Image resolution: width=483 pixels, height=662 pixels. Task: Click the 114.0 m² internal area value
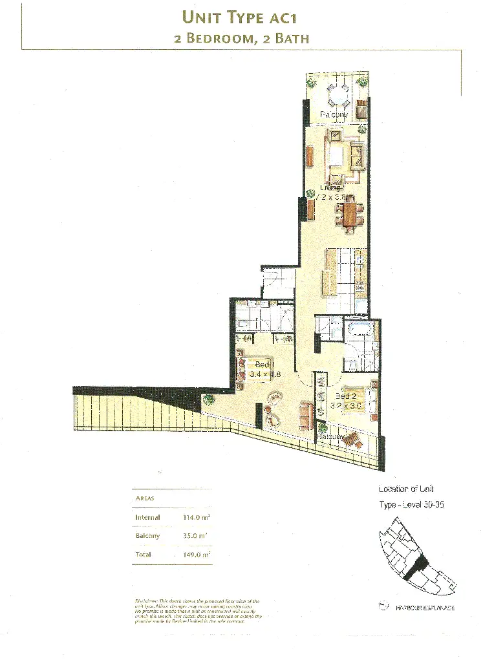tap(197, 517)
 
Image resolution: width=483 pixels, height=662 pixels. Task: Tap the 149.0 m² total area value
tap(197, 555)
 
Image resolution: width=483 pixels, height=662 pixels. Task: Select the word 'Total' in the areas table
tap(144, 555)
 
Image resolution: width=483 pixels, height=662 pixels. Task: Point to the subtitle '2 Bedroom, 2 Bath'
tap(241, 38)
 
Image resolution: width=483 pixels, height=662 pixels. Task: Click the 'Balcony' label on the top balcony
tap(334, 114)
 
